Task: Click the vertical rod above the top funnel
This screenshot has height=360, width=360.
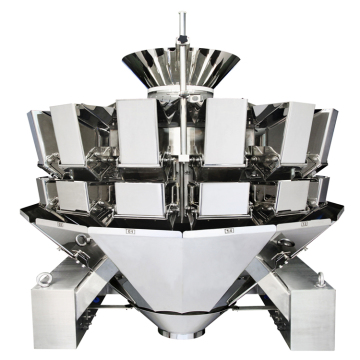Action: point(181,25)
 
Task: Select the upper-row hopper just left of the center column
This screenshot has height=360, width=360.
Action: point(139,130)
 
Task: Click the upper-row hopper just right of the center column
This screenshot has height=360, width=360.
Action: point(224,130)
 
